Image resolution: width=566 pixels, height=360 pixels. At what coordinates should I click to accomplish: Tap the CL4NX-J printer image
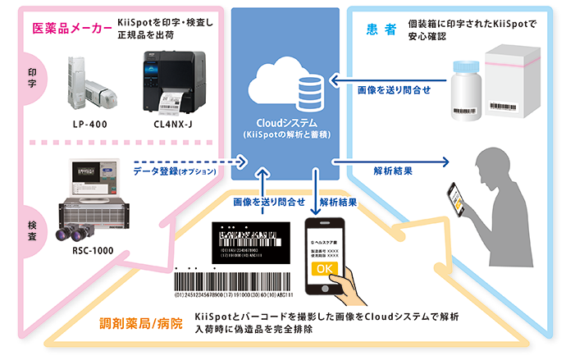[x=173, y=81]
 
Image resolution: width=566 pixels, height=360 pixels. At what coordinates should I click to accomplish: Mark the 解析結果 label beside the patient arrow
[x=392, y=172]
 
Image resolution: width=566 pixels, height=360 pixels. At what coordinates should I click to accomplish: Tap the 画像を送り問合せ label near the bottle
[x=394, y=89]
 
